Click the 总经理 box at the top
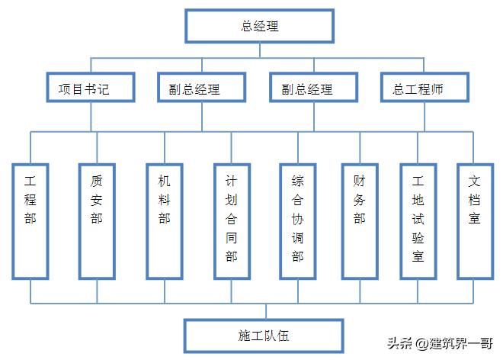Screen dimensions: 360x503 tap(259, 26)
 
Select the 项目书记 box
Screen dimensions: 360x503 tap(91, 88)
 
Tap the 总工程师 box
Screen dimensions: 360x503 tap(424, 88)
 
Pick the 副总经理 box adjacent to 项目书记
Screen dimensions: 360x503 tap(201, 88)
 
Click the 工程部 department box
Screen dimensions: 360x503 tap(30, 220)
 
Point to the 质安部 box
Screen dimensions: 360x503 tap(97, 220)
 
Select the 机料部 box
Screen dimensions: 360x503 tap(164, 220)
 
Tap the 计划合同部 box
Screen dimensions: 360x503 tap(231, 220)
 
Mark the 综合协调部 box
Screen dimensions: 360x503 tap(297, 220)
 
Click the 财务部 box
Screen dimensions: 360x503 tap(359, 220)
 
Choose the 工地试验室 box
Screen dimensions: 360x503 tap(417, 220)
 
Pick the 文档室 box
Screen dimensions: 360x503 tap(474, 220)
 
